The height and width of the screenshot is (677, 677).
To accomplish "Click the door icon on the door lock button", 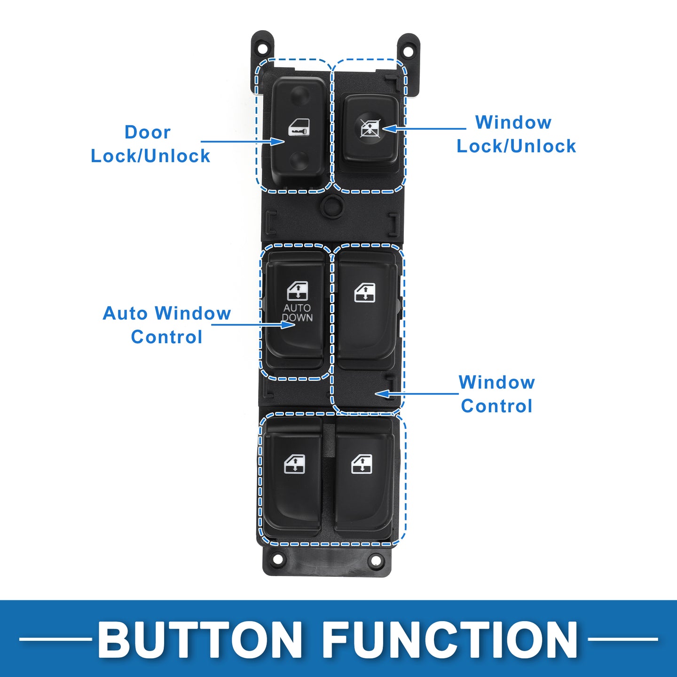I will click(299, 127).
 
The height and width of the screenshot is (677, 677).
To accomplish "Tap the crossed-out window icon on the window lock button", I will click(370, 128).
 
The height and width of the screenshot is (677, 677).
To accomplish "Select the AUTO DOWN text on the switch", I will click(297, 313).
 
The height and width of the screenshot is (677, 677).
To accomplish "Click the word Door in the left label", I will click(148, 132).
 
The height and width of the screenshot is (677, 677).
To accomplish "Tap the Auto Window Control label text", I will click(167, 325).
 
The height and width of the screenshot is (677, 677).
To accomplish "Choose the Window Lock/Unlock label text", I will click(516, 134).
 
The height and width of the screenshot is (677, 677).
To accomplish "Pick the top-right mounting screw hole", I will click(409, 48).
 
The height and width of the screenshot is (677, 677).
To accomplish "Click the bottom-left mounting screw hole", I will click(277, 559).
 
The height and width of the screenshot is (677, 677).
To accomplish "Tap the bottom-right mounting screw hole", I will click(376, 560).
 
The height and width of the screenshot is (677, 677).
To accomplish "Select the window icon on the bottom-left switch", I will click(295, 464).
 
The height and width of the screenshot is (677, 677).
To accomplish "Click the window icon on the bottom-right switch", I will click(362, 464).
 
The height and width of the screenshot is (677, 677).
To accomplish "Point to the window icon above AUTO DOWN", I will click(298, 291).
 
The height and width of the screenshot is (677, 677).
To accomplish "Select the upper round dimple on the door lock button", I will click(299, 94).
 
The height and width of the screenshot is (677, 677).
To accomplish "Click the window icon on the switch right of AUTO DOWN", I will click(365, 292).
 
